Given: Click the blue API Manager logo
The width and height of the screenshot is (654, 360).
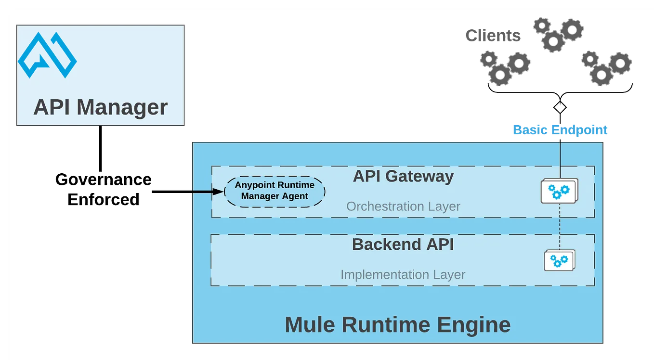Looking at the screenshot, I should [47, 55].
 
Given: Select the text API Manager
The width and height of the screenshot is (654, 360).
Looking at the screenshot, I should [100, 107].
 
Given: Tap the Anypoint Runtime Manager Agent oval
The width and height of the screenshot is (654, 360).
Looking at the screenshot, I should [275, 192].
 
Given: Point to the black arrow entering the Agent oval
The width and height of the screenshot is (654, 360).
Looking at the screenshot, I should [207, 192].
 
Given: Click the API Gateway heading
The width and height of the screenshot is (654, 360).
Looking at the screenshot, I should [403, 176].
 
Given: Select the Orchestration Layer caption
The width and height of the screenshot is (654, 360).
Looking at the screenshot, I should [403, 206].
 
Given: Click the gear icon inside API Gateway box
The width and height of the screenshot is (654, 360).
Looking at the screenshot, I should [559, 191].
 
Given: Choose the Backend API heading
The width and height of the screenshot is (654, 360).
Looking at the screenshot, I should [403, 244].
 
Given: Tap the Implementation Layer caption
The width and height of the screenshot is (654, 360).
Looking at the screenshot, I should [403, 275].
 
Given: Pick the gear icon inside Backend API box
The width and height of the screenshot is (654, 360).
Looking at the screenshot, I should [559, 261].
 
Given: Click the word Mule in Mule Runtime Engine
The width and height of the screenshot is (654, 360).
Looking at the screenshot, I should [311, 325].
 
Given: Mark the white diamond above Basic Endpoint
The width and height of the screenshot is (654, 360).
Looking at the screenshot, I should [560, 108].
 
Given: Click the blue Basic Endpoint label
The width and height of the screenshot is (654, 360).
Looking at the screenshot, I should [560, 130].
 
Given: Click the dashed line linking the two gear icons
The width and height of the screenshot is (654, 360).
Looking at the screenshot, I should [560, 226].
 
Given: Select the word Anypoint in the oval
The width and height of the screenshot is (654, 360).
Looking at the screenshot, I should [255, 185].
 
